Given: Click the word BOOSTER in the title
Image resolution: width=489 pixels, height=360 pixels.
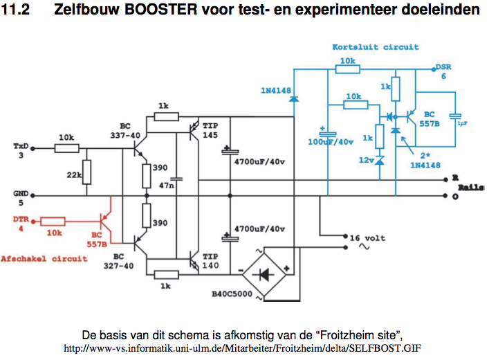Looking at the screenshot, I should pyautogui.click(x=178, y=12).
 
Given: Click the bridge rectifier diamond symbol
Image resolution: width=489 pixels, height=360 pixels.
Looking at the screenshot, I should pyautogui.click(x=263, y=273).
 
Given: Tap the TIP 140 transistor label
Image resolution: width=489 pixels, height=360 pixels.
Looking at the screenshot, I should pyautogui.click(x=211, y=260).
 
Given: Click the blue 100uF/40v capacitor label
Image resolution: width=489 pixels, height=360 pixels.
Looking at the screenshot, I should pyautogui.click(x=331, y=141).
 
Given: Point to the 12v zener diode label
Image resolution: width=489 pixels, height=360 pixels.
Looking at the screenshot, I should pyautogui.click(x=367, y=161).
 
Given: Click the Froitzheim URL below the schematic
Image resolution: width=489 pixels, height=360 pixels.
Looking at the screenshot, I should pyautogui.click(x=242, y=348).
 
